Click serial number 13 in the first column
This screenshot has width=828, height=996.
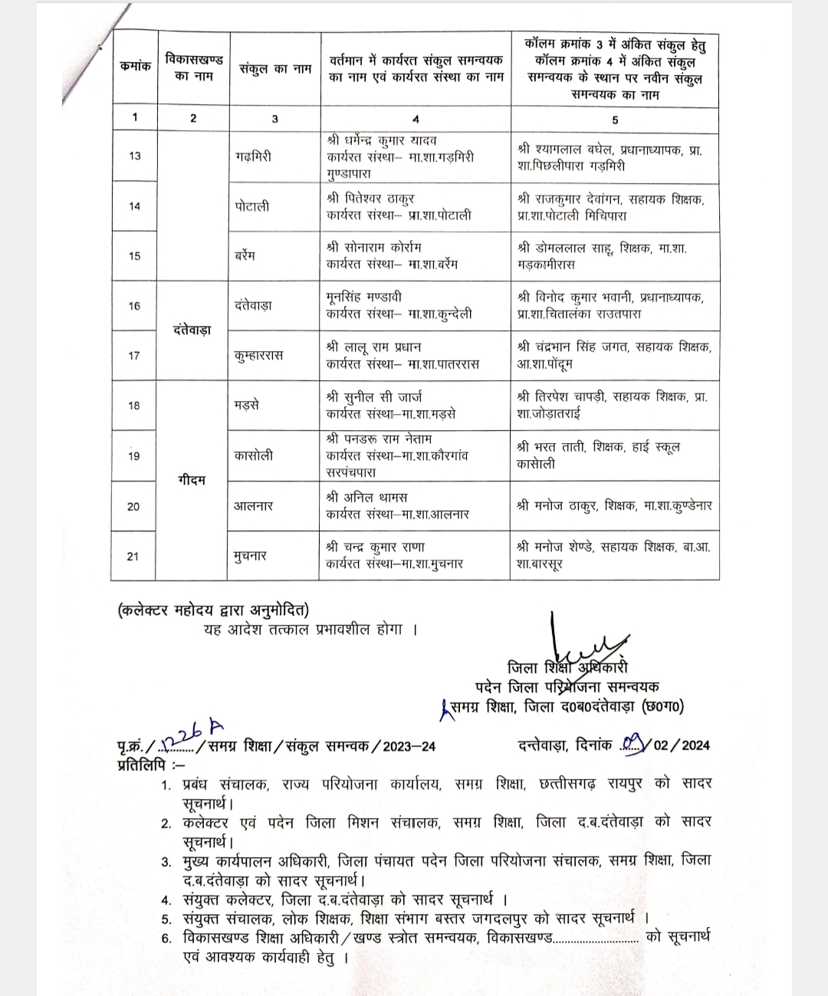135,156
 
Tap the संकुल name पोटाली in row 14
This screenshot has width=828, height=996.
252,206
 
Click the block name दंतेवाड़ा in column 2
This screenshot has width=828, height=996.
192,330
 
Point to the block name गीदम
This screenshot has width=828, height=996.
192,480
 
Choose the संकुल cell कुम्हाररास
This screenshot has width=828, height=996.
259,355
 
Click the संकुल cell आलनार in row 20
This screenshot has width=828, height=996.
254,506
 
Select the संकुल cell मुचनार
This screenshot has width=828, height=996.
251,556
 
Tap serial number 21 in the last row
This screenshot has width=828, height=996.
133,556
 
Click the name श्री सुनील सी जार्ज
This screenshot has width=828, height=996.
373,397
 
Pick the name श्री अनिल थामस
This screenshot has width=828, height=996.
366,497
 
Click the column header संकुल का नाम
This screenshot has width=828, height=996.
274,68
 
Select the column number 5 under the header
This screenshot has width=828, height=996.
615,119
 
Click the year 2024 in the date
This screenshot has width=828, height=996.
695,745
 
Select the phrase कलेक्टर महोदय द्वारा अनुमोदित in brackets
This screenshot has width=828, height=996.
213,610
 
